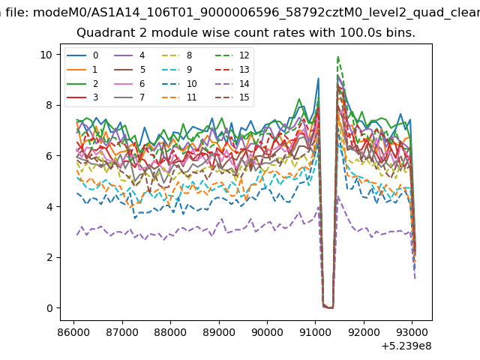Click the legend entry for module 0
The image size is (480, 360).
pyautogui.click(x=82, y=55)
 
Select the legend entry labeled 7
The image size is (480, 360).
pyautogui.click(x=130, y=97)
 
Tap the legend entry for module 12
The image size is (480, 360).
pyautogui.click(x=232, y=55)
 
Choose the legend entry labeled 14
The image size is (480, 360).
pyautogui.click(x=232, y=83)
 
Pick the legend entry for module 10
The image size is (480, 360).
pyautogui.click(x=179, y=83)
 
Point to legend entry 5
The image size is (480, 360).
pyautogui.click(x=130, y=70)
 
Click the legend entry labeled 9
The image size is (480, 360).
pyautogui.click(x=177, y=70)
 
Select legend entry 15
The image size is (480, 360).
pyautogui.click(x=232, y=97)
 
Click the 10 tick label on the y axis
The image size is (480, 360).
pyautogui.click(x=46, y=55)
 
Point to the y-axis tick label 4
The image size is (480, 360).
pyautogui.click(x=49, y=207)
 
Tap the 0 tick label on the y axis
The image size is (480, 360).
pyautogui.click(x=49, y=308)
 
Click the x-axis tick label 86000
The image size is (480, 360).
pyautogui.click(x=73, y=331)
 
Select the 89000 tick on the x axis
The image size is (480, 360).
pyautogui.click(x=219, y=331)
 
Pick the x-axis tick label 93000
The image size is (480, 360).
pyautogui.click(x=412, y=331)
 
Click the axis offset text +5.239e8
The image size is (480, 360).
pyautogui.click(x=406, y=346)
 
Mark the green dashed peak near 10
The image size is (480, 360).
pyautogui.click(x=338, y=57)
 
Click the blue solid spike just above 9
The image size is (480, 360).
pyautogui.click(x=318, y=79)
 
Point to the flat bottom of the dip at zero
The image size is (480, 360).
pyautogui.click(x=329, y=307)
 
